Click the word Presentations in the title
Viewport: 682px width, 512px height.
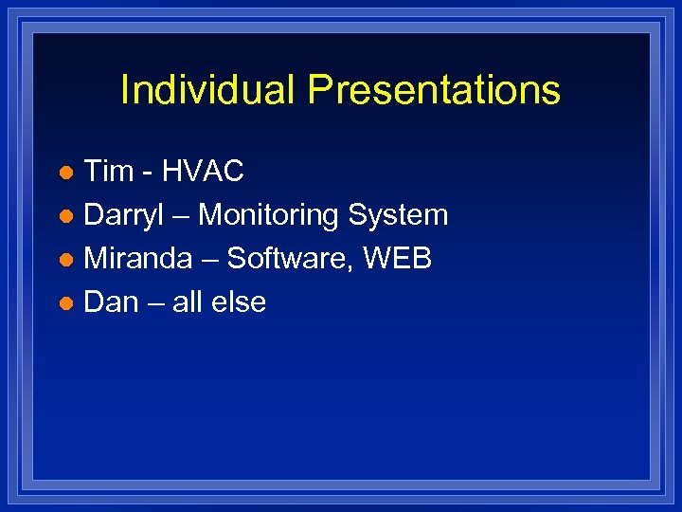click(435, 91)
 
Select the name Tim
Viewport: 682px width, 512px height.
click(109, 172)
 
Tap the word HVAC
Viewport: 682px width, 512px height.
click(203, 172)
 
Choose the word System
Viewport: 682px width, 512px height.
click(398, 216)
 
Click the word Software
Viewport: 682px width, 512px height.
click(289, 259)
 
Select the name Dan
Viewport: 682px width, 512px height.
click(111, 302)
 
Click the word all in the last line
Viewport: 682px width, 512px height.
click(188, 302)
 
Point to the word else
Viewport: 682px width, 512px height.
click(240, 302)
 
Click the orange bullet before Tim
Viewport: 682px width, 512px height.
click(65, 174)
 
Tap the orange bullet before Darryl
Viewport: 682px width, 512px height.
click(65, 217)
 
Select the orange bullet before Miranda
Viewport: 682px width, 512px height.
click(65, 261)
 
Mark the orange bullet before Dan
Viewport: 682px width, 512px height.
click(65, 304)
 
